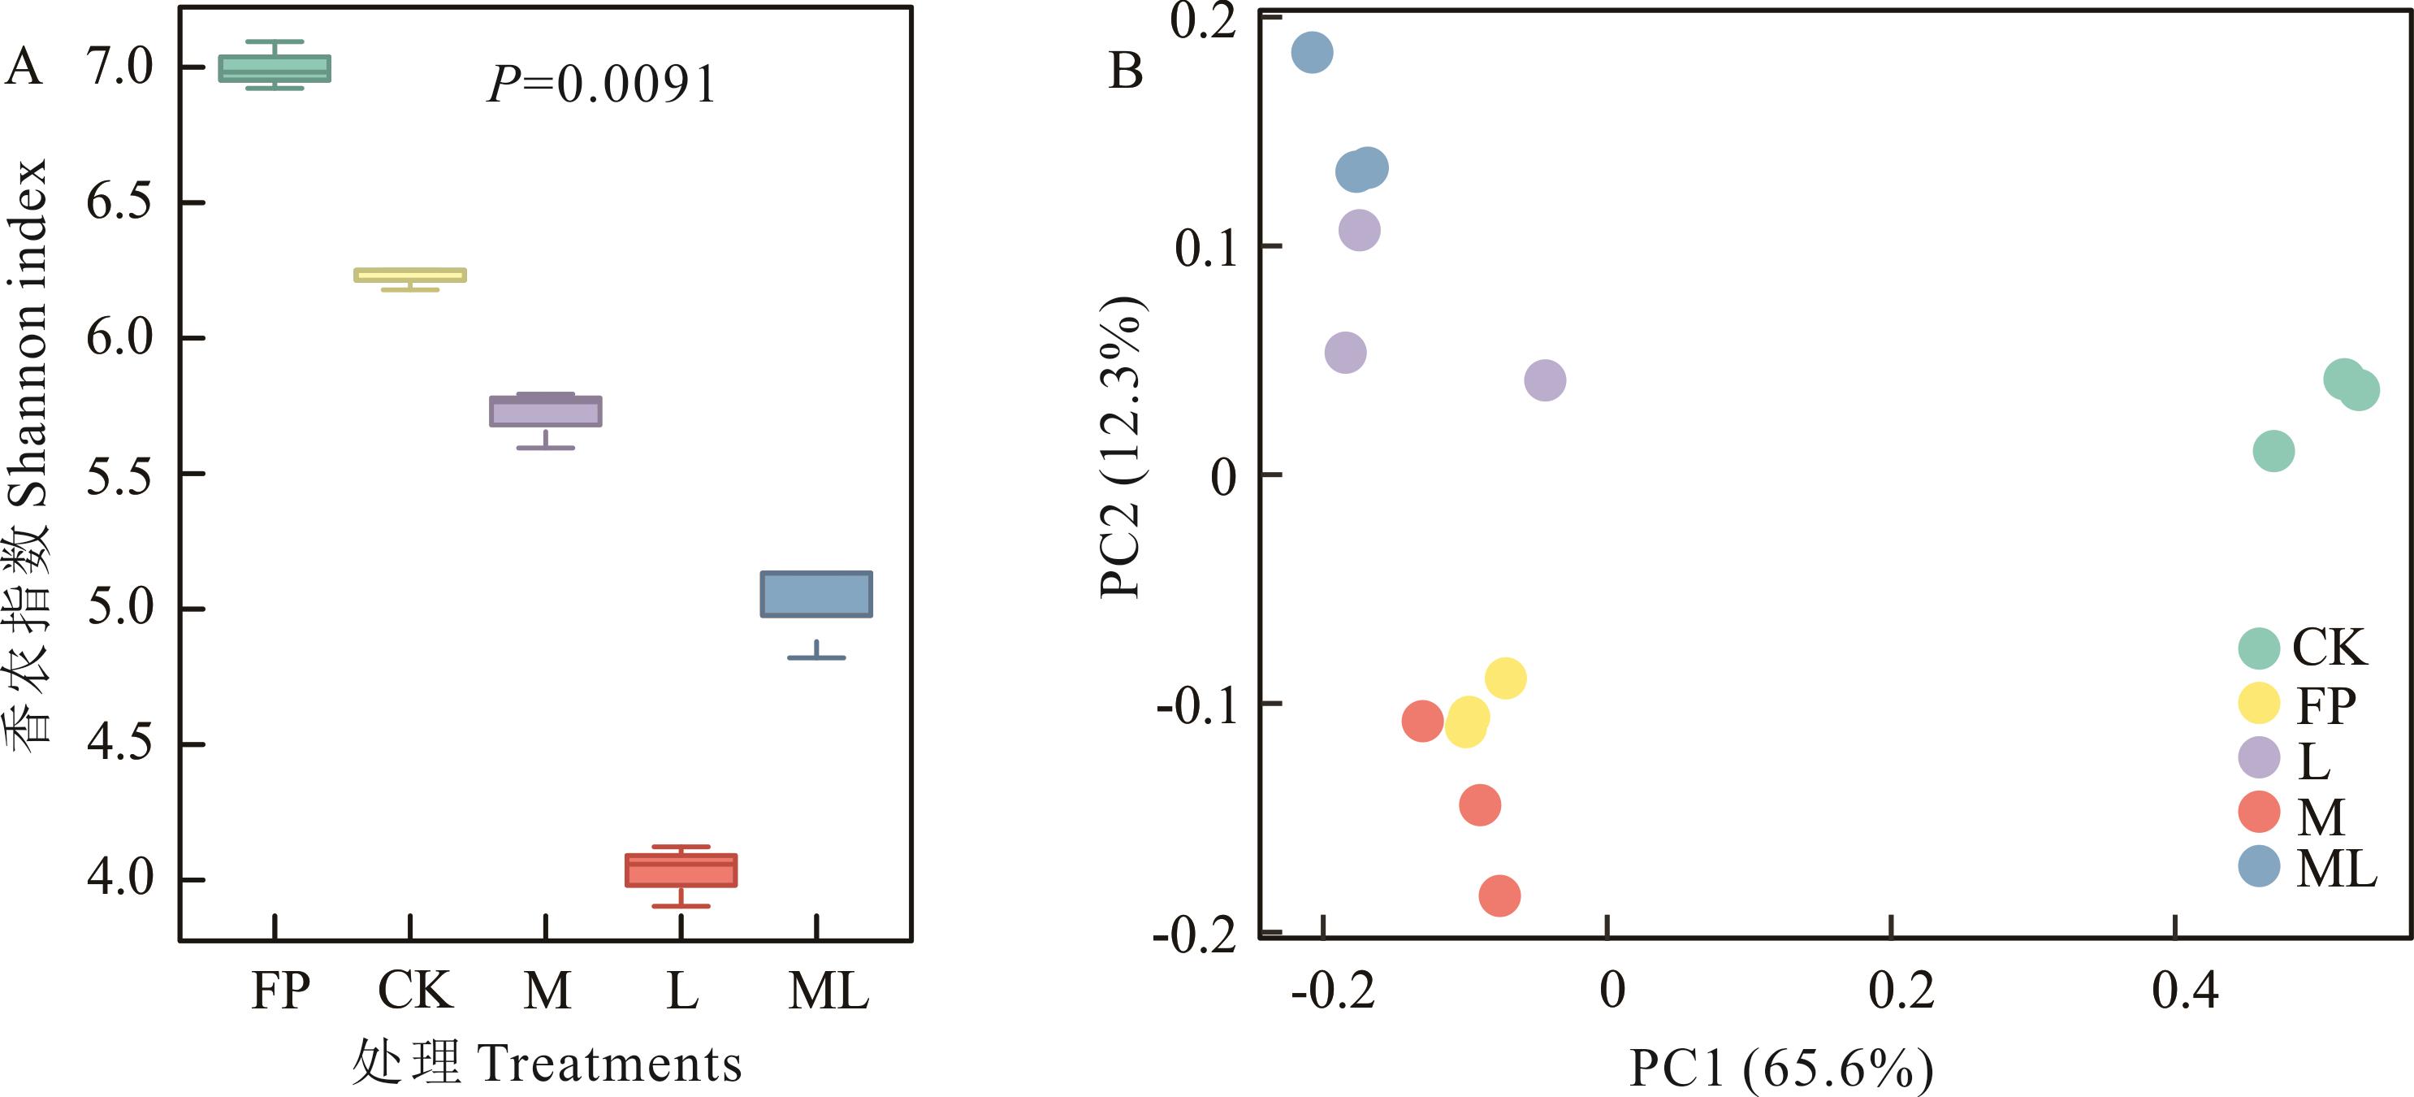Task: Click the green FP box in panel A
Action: pyautogui.click(x=275, y=68)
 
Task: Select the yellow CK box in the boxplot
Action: pyautogui.click(x=409, y=275)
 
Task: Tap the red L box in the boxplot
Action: pyautogui.click(x=681, y=870)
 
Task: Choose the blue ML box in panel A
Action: pyautogui.click(x=816, y=593)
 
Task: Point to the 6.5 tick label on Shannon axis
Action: pyautogui.click(x=119, y=201)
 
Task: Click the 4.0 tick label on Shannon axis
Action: pyautogui.click(x=119, y=878)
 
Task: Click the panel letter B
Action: pyautogui.click(x=1126, y=71)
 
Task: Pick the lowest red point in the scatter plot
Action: pyautogui.click(x=1499, y=895)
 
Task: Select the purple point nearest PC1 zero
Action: pyautogui.click(x=1545, y=380)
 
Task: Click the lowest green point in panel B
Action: pyautogui.click(x=2273, y=451)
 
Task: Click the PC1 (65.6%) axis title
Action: pyautogui.click(x=1781, y=1068)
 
